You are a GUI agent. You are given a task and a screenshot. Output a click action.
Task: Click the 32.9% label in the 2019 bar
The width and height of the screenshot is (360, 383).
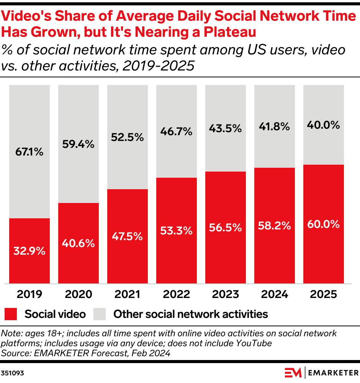(x=29, y=251)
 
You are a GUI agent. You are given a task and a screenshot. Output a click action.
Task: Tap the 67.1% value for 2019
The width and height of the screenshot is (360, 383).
(x=29, y=152)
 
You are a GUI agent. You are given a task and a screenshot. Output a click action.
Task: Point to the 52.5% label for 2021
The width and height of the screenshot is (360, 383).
(x=128, y=137)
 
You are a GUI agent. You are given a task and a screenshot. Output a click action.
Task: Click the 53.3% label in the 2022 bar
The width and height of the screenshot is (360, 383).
(x=177, y=231)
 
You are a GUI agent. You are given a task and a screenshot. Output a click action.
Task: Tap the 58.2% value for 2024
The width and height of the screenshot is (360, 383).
(x=275, y=226)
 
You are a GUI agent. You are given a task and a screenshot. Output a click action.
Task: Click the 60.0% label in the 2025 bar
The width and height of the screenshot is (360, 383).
(x=324, y=224)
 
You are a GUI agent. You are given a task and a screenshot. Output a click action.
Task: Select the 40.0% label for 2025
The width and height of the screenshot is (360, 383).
(x=324, y=125)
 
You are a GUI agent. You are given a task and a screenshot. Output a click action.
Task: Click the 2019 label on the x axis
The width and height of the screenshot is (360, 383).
(x=29, y=294)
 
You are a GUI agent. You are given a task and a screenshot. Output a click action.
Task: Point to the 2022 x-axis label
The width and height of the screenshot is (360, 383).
(x=177, y=294)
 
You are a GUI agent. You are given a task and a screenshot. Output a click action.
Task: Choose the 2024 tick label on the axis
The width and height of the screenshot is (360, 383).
(x=275, y=294)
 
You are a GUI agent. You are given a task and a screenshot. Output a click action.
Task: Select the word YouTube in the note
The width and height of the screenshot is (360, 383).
(x=253, y=343)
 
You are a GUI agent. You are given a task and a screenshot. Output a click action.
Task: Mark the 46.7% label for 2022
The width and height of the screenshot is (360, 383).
(x=177, y=132)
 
